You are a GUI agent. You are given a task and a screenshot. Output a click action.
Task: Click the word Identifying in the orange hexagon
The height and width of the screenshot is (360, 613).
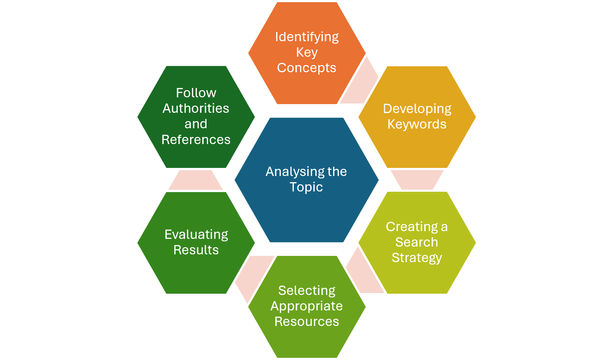(307, 37)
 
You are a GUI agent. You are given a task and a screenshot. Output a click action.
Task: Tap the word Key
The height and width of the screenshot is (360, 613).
(307, 53)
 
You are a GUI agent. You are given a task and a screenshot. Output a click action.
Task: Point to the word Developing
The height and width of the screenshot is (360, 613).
(417, 109)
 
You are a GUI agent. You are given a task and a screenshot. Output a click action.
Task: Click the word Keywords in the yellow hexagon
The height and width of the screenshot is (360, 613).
(417, 124)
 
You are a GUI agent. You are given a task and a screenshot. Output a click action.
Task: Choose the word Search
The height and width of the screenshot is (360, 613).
(417, 242)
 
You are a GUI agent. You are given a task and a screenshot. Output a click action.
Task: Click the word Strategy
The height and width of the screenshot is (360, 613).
(417, 258)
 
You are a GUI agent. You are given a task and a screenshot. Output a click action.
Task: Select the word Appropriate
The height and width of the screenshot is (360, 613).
(306, 306)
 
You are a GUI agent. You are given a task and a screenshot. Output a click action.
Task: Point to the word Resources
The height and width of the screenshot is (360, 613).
(306, 322)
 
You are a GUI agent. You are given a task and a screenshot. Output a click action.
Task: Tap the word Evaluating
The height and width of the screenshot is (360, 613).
(196, 235)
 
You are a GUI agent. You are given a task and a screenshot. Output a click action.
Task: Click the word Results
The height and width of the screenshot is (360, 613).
(196, 250)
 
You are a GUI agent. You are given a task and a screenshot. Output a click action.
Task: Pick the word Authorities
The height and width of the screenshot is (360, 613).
(196, 108)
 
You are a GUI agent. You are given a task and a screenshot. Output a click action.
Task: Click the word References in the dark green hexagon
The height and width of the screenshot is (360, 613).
(196, 140)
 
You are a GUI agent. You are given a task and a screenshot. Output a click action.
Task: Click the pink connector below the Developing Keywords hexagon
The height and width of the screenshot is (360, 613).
(417, 180)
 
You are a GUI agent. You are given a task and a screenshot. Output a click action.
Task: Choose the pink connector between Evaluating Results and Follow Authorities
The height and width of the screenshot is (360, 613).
(195, 180)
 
